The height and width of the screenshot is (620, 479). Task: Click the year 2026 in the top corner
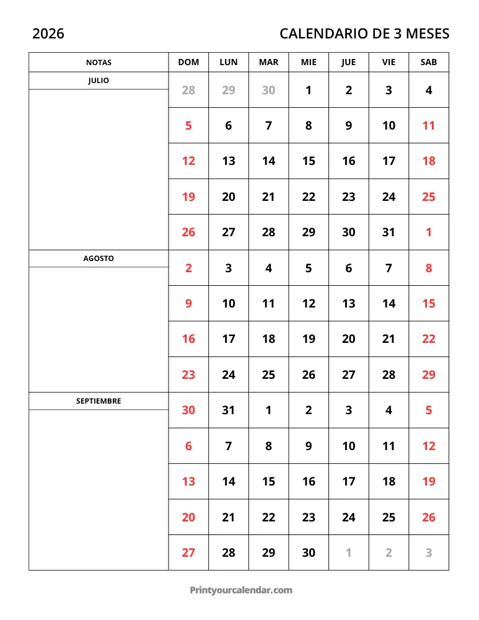coord(48,33)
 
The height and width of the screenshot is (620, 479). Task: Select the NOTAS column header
coord(99,63)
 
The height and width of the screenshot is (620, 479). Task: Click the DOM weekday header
coord(188,63)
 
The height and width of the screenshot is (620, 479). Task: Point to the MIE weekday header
coord(309,63)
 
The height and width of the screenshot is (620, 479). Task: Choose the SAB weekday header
coord(428,63)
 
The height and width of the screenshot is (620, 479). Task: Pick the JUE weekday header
coord(349,63)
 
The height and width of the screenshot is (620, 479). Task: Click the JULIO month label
coord(99,81)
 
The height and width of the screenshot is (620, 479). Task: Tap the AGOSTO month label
coord(99,259)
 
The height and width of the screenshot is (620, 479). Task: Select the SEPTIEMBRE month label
coord(99,401)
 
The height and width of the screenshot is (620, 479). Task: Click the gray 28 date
coord(188,91)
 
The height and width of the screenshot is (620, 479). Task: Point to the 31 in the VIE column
coord(389,232)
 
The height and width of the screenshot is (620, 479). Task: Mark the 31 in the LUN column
coord(229,410)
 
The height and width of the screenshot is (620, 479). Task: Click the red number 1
coord(429,232)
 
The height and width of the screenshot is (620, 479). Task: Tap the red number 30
coord(188,410)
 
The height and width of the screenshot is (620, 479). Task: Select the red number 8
coord(429,268)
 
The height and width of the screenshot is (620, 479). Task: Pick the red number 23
coord(188,375)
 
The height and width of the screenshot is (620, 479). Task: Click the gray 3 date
coord(429,553)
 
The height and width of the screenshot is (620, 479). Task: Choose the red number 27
coord(188,553)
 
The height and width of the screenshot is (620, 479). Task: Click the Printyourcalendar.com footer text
coord(240,590)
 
